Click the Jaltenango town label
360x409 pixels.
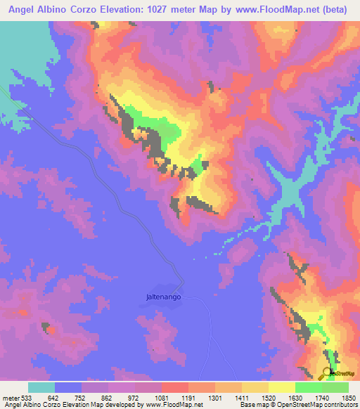pos(159,297)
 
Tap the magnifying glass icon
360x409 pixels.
pos(329,373)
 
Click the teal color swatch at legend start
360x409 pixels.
pos(41,387)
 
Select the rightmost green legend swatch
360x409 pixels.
pos(335,387)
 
